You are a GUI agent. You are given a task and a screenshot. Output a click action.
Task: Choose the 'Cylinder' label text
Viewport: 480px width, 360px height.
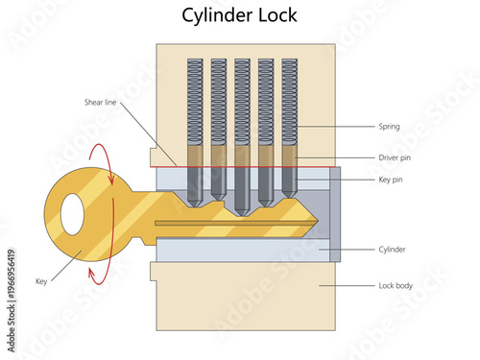[x=393, y=250]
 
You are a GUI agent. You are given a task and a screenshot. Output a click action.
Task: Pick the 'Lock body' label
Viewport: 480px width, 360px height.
[x=396, y=285]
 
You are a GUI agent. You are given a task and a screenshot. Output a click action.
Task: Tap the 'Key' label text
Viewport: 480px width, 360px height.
[x=41, y=281]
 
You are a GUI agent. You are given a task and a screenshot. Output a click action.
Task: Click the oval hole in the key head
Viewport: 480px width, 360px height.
[x=72, y=214]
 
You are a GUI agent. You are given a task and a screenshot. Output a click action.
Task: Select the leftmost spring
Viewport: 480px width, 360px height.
[x=195, y=101]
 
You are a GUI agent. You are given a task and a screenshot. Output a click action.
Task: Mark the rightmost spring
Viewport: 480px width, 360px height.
[x=287, y=101]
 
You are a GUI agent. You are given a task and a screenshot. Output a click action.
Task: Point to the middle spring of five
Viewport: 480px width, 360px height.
[x=241, y=101]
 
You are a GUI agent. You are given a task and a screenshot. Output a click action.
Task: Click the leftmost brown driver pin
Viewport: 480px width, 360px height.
[x=195, y=155]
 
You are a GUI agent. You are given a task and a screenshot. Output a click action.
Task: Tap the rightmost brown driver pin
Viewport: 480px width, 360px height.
[x=287, y=155]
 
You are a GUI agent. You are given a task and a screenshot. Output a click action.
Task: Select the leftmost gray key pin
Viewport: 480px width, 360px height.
[x=195, y=184]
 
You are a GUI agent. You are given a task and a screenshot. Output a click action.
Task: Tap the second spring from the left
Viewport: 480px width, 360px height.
[x=218, y=101]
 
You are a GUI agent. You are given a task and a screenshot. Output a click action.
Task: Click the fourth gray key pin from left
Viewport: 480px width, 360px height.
[x=264, y=184]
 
